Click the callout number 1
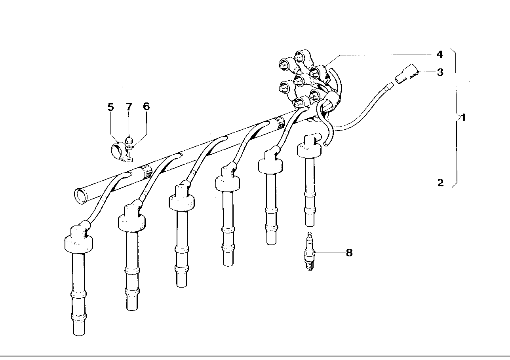tap(463, 117)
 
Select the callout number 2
tap(440, 183)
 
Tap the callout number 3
tap(440, 72)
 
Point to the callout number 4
tap(440, 55)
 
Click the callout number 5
tap(110, 107)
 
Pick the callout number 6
tap(147, 106)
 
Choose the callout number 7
tap(129, 107)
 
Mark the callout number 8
tap(349, 253)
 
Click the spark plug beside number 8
tap(309, 251)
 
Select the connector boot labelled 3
tap(407, 74)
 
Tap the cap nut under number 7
tap(129, 140)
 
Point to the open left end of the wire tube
tap(80, 197)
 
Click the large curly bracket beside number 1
tap(456, 117)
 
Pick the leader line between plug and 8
tap(329, 252)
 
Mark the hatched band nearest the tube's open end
tap(146, 172)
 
